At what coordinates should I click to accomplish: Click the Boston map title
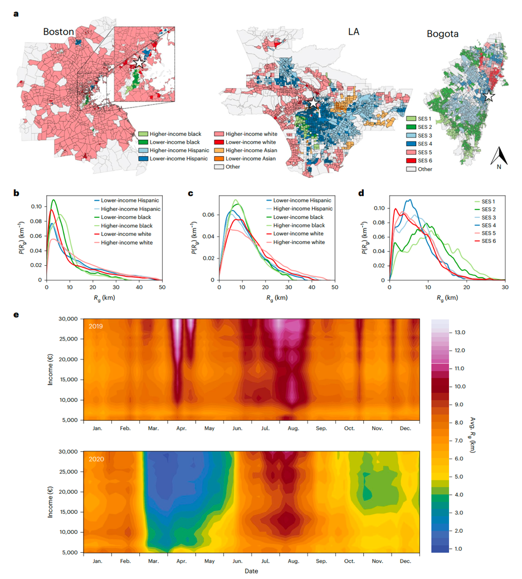pos(58,32)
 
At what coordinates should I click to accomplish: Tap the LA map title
pos(350,32)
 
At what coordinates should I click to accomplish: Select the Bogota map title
pos(442,33)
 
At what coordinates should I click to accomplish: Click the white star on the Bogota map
pos(489,96)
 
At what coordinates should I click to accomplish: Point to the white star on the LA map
pos(314,103)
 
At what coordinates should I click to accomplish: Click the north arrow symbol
pos(499,157)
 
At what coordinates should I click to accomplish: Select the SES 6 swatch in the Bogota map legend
pos(411,160)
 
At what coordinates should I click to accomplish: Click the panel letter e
pos(16,315)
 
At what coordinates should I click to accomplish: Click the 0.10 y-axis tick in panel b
pos(35,206)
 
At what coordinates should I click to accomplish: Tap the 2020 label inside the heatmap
pos(95,458)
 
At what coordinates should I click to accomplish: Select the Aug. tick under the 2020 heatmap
pos(293,561)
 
